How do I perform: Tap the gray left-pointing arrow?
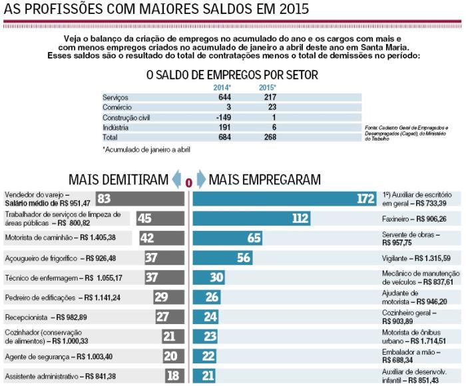pos(176,180)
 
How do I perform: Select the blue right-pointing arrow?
pos(200,180)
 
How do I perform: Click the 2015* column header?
pos(267,87)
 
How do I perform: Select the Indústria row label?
pos(115,127)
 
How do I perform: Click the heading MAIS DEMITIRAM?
pos(117,179)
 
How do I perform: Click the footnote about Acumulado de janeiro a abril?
pos(146,149)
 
